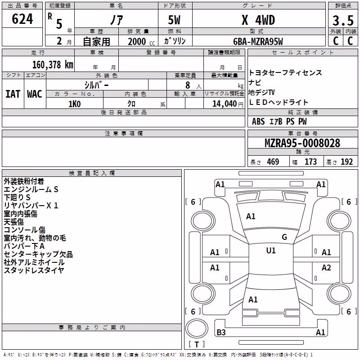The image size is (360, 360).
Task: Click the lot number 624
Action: pos(22,19)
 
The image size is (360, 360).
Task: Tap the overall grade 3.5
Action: pos(343,20)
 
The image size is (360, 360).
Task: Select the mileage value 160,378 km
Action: pos(53,65)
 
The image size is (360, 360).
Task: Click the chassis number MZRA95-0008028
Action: pos(302,143)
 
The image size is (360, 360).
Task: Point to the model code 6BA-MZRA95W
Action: pos(258,41)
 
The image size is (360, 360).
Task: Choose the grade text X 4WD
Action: pos(258,20)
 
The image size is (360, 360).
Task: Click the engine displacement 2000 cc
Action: pos(141,42)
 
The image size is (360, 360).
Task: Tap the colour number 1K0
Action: pos(75,104)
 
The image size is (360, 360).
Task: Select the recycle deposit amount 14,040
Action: pos(224,104)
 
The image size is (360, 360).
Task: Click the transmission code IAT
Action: pos(13,94)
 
